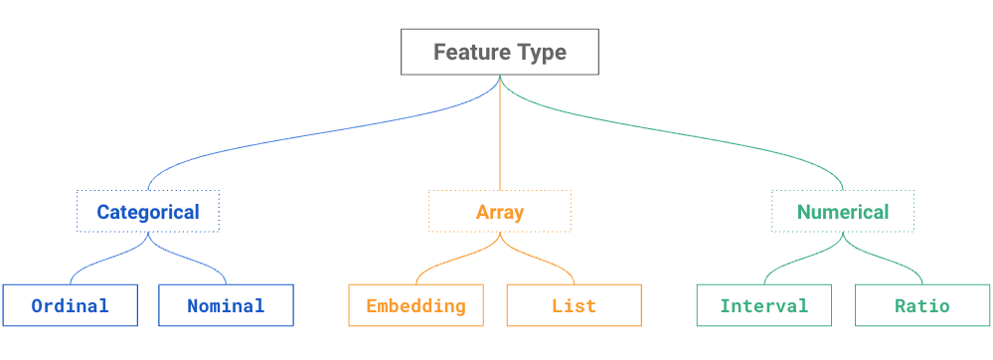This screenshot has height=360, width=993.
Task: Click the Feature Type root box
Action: [500, 52]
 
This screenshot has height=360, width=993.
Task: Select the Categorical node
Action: [148, 212]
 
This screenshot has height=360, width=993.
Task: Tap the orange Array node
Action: [500, 212]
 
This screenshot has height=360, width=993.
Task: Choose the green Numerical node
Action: [843, 212]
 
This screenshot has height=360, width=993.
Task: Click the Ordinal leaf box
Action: [70, 305]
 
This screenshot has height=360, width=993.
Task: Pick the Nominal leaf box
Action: [226, 305]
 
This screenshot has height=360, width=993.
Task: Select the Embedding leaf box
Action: [415, 305]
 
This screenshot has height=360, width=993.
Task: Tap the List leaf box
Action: [574, 305]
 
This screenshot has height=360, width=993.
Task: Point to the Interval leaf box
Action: [763, 305]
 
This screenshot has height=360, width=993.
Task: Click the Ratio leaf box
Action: [921, 305]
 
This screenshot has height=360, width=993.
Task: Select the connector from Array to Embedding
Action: [447, 261]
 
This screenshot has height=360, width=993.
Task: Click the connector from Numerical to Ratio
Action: [895, 261]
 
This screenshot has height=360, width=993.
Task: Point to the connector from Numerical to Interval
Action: [791, 261]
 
